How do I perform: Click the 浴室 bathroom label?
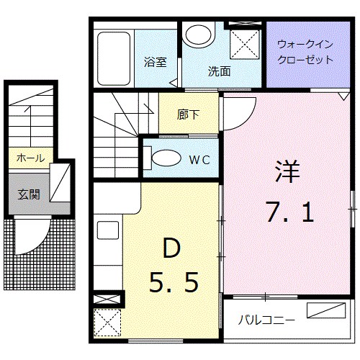tap(156, 61)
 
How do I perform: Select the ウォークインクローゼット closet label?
tap(305, 53)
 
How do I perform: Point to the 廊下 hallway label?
tap(189, 114)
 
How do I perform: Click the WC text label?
tap(199, 160)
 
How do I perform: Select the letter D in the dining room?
tap(170, 248)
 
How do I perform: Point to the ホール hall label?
tap(30, 158)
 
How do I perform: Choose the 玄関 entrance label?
tap(29, 194)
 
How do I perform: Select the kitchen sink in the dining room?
tap(107, 233)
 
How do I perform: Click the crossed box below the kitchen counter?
tap(107, 322)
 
